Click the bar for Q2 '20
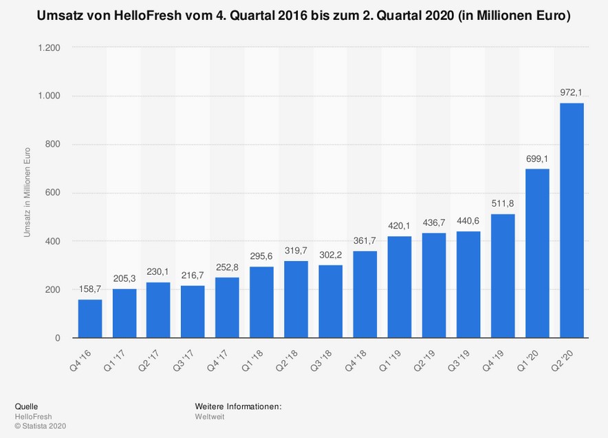coord(572,220)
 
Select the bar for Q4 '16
coord(90,318)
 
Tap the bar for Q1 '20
coord(537,253)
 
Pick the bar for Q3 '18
coord(331,301)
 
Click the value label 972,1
coord(572,92)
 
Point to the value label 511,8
coord(503,203)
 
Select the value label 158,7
coord(90,289)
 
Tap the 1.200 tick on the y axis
coord(49,48)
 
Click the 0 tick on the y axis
coord(58,338)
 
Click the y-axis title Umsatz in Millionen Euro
coord(28,192)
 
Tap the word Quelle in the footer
coord(26,406)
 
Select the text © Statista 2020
coord(41,426)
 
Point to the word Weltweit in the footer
coord(210,416)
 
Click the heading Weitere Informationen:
coord(238,406)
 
